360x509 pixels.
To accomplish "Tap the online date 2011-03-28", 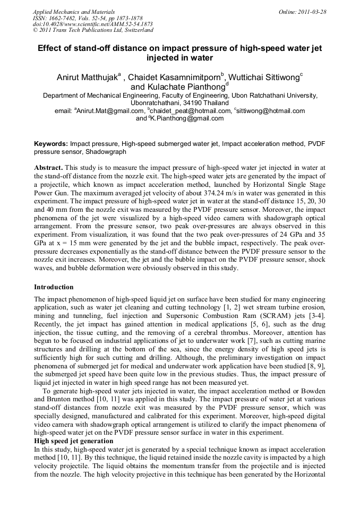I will tap(314, 11).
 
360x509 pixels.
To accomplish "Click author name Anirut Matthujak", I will tap(87, 77).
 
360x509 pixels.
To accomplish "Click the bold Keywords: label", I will tap(51, 144).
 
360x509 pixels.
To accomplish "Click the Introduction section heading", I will tap(54, 287).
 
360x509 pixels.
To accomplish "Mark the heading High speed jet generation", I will tap(73, 441).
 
